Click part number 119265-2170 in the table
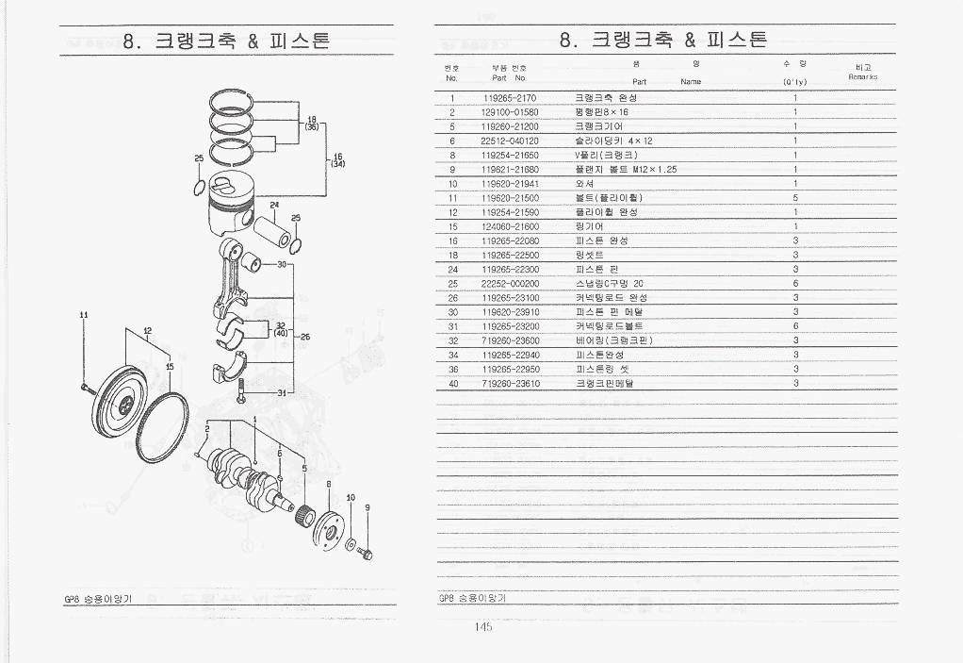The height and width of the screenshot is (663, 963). point(509,97)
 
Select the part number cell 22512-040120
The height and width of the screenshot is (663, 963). point(510,141)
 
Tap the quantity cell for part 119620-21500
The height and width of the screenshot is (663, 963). point(795,198)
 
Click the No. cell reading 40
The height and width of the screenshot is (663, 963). point(452,384)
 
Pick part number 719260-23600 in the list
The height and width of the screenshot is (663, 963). point(510,340)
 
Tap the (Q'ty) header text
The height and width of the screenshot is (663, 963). point(795,82)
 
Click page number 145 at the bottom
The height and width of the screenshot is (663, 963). point(483,626)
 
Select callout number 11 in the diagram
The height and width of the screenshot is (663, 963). point(84,315)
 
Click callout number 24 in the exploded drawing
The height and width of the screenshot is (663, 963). point(273,205)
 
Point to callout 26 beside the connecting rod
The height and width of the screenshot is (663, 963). point(305,336)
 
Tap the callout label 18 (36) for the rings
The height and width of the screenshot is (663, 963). point(311,123)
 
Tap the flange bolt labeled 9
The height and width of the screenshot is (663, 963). point(366,553)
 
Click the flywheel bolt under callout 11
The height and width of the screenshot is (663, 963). point(85,387)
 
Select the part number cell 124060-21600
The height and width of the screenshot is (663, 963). point(510,226)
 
